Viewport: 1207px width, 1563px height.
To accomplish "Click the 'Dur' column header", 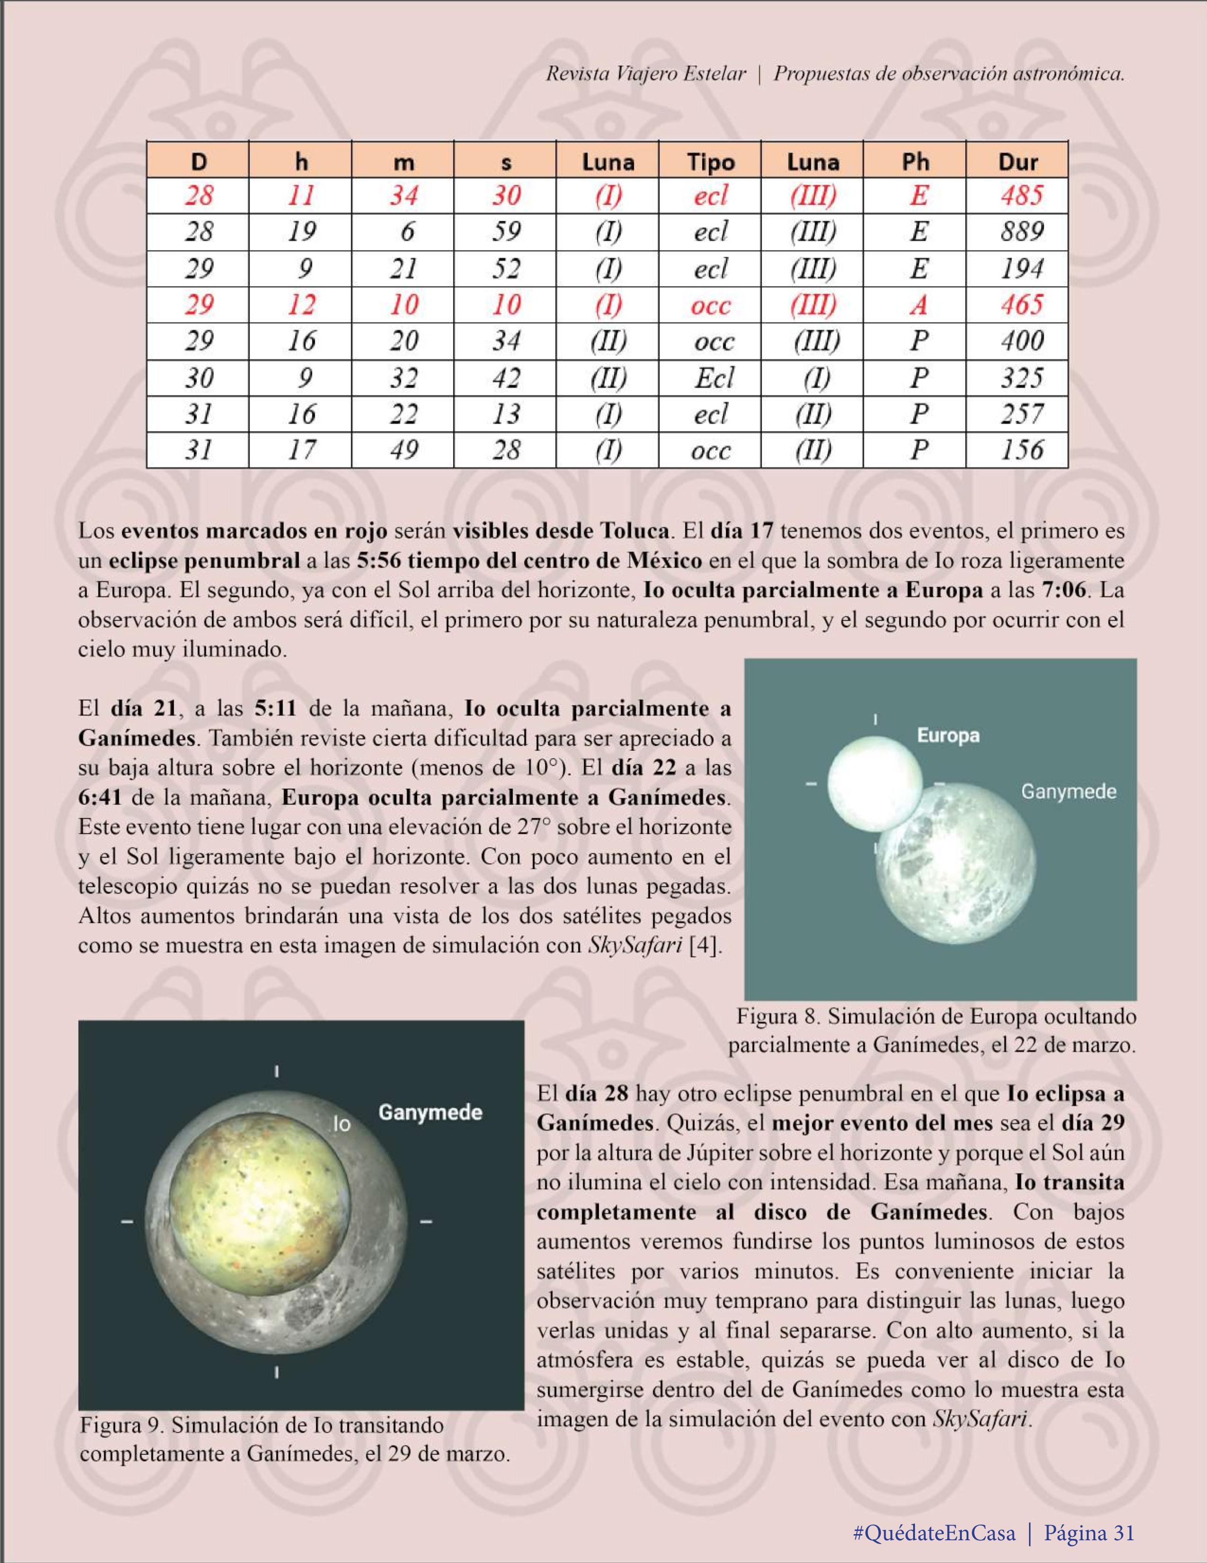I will (x=1017, y=162).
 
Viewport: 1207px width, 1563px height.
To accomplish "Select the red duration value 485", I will (x=1021, y=196).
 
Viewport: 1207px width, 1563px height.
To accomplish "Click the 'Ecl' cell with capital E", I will (x=713, y=378).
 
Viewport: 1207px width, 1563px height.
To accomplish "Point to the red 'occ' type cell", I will (x=710, y=305).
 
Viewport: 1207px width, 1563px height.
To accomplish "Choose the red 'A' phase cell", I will (x=918, y=305).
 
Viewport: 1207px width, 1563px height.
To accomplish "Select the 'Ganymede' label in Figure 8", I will (x=1067, y=792).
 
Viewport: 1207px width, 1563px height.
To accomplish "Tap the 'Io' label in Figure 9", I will (x=343, y=1124).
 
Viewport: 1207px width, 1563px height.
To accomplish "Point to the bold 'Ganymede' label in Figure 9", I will (x=429, y=1113).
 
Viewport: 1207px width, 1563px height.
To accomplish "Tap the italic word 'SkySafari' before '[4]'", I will (x=634, y=946).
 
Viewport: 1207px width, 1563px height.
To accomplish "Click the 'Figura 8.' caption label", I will (x=779, y=1017).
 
